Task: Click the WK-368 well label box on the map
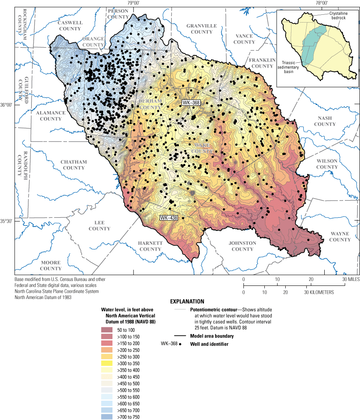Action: (x=191, y=103)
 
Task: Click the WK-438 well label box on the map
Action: (x=169, y=218)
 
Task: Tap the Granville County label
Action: (x=202, y=29)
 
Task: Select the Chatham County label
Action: (x=73, y=165)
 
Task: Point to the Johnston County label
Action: (x=242, y=246)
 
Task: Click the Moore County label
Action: (x=50, y=265)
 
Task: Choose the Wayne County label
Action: (x=339, y=237)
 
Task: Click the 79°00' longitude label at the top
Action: (x=133, y=3)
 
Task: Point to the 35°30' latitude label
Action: (x=7, y=221)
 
